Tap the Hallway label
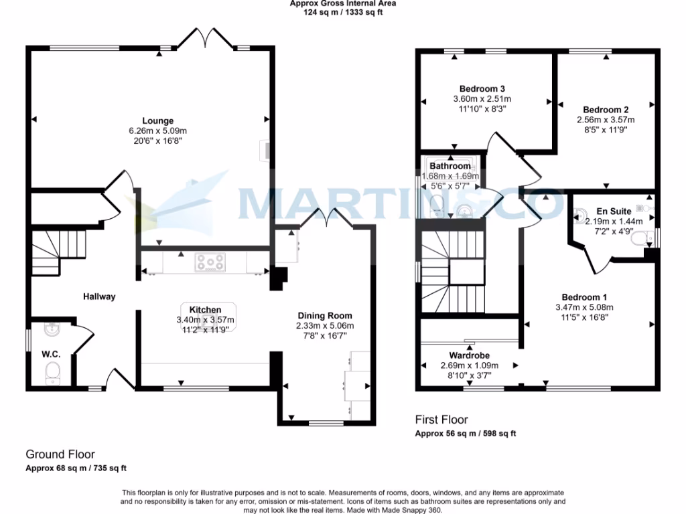[99, 296]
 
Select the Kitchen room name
[205, 309]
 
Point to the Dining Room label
[325, 316]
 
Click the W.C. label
[51, 354]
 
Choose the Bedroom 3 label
[482, 89]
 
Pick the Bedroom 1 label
[584, 297]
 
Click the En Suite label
[614, 211]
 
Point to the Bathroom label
[450, 166]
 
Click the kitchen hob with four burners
[212, 262]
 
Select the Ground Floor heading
[60, 454]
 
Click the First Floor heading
[441, 420]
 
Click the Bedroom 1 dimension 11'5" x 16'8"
[584, 318]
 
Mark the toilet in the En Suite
[645, 238]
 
